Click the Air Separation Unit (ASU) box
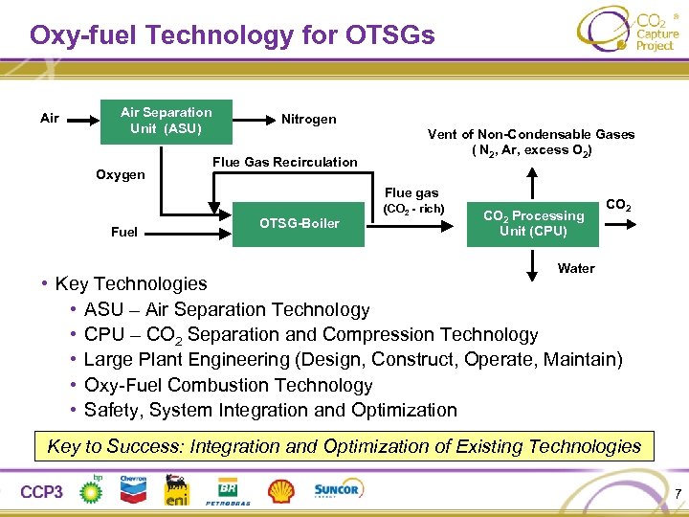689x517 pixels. [x=166, y=120]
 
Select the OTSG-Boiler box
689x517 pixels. [x=299, y=224]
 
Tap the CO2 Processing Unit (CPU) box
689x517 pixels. [x=533, y=224]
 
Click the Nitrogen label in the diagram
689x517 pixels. [x=308, y=120]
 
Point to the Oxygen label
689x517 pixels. [x=121, y=175]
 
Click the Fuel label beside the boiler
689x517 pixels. [x=124, y=232]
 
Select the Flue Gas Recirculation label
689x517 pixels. [x=284, y=162]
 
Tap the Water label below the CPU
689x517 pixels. [x=576, y=268]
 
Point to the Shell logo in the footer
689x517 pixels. [x=280, y=491]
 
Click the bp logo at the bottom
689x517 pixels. [x=92, y=489]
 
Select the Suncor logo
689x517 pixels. [x=337, y=490]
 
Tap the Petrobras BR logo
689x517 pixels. [x=228, y=490]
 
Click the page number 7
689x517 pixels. [x=678, y=494]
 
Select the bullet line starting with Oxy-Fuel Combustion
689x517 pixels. [x=228, y=385]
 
